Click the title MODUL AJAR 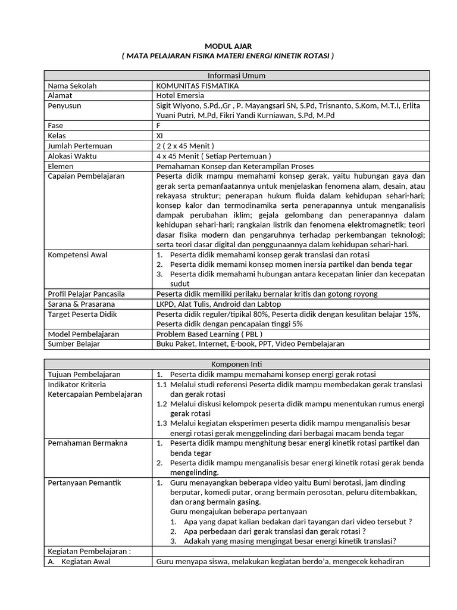pos(228,45)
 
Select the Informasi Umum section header pos(236,76)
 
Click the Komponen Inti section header pos(236,364)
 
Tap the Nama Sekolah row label pos(72,86)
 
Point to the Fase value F pos(158,126)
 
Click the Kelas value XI pos(160,136)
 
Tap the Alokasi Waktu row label pos(73,156)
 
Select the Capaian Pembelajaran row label pos(85,176)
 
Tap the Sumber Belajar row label pos(74,344)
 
